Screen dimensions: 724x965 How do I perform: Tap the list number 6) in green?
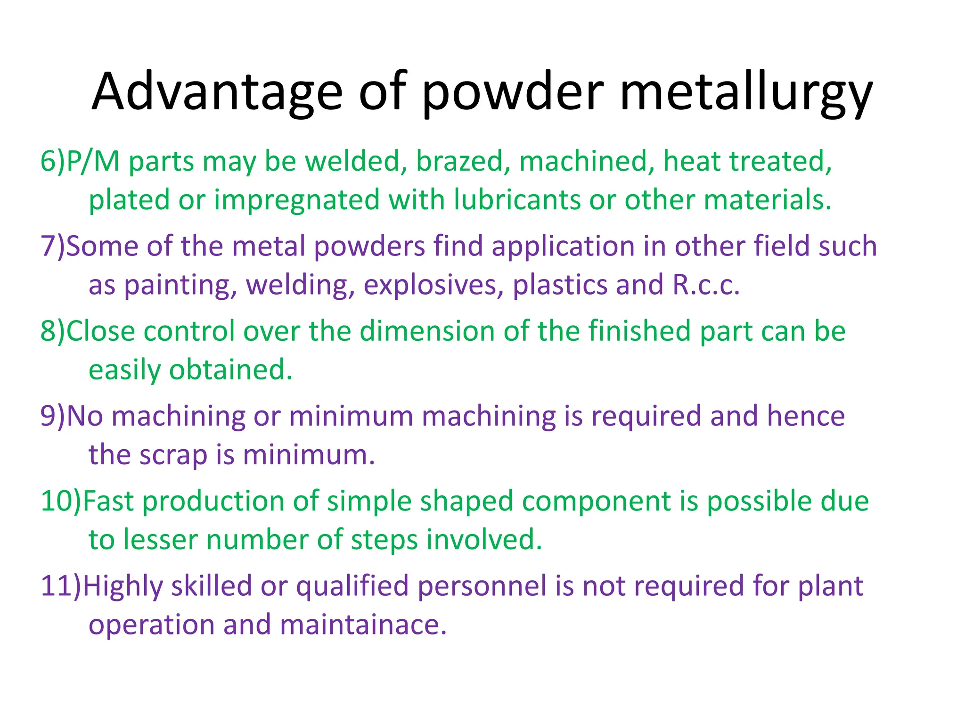(x=52, y=161)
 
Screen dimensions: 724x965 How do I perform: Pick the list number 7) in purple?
(x=52, y=246)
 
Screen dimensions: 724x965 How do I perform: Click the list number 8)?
(x=52, y=331)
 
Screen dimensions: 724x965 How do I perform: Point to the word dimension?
(x=427, y=331)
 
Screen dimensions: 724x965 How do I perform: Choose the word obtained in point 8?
(x=230, y=370)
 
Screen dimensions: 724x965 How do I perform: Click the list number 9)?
(x=52, y=416)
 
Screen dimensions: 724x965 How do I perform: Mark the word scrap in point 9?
(x=173, y=455)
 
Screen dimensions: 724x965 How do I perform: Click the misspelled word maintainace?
(x=363, y=625)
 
